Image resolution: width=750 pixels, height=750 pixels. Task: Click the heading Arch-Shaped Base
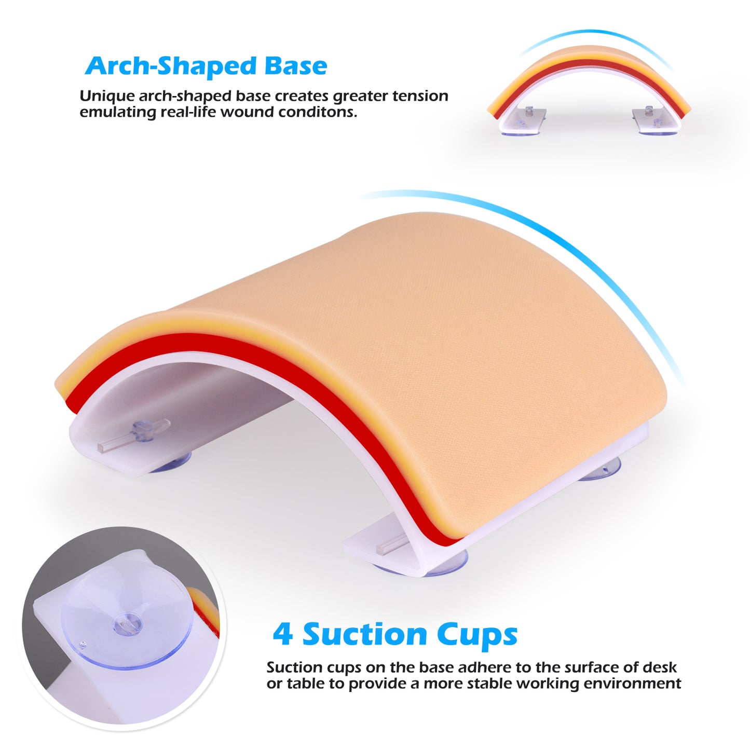point(206,66)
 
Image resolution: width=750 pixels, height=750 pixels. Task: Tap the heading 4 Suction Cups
point(395,634)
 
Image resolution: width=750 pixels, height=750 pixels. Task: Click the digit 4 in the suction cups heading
point(283,634)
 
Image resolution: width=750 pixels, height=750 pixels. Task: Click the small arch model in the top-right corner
point(589,88)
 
